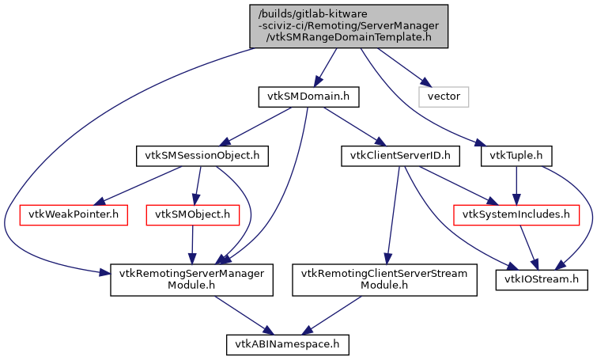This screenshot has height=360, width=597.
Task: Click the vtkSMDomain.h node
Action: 308,97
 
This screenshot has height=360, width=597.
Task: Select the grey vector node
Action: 444,97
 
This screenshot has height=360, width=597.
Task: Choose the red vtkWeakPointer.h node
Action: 73,214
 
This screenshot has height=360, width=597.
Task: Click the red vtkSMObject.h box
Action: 192,214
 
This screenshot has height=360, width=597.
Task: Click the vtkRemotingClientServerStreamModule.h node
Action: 385,279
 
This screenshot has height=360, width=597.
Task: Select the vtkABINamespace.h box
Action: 287,344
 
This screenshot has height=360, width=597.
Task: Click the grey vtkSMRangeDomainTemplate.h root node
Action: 349,26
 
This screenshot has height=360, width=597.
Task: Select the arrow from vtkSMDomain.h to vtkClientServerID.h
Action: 353,126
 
